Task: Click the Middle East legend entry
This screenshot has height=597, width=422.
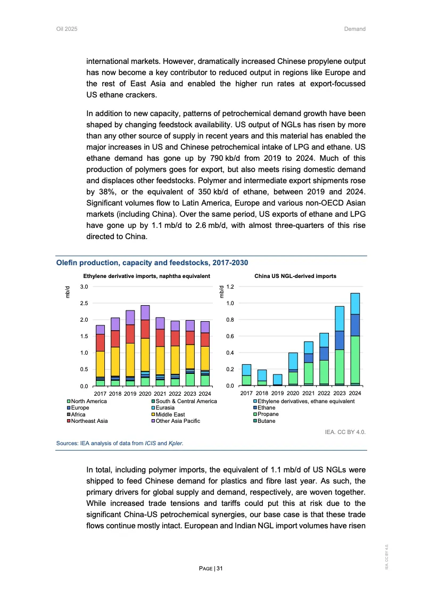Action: click(x=170, y=414)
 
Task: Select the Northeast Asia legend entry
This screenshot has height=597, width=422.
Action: click(x=89, y=421)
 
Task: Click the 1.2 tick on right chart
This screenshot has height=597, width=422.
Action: click(x=230, y=287)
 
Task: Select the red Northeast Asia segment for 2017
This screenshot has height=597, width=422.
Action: click(x=100, y=342)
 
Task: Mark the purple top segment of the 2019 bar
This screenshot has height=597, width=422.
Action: click(x=130, y=317)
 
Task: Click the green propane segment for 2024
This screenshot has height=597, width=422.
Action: click(x=355, y=359)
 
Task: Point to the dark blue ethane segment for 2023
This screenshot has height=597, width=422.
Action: click(x=340, y=340)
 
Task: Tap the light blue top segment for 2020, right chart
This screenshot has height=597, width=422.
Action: click(x=293, y=361)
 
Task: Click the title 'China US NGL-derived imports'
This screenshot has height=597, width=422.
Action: click(x=295, y=276)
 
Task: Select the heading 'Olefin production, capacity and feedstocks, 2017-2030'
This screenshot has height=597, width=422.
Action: click(x=152, y=263)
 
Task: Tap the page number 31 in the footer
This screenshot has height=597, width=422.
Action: click(x=219, y=569)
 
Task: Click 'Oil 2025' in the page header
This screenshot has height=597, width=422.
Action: click(x=67, y=29)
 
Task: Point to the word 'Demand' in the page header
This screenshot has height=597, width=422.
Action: click(x=355, y=29)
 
